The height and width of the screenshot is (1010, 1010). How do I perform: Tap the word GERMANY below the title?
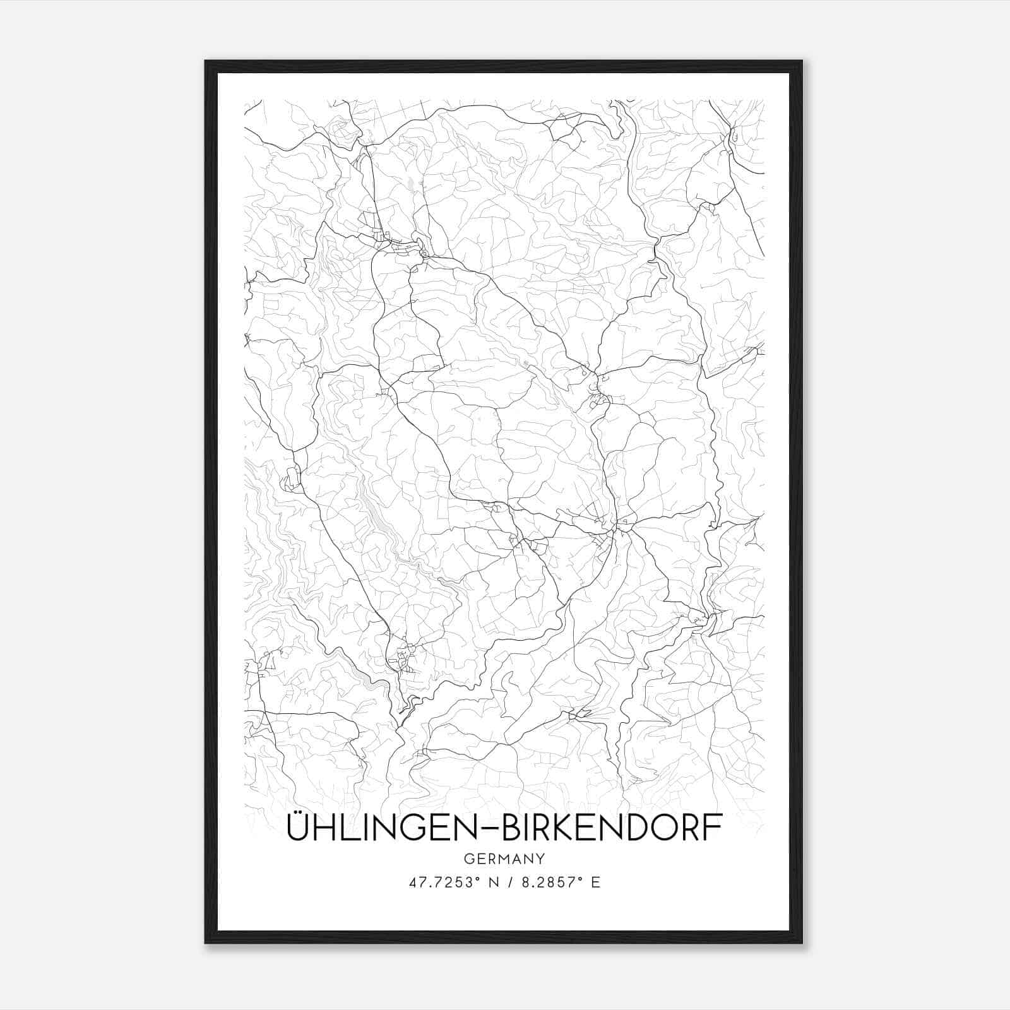504,858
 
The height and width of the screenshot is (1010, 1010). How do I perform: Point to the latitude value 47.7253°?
446,882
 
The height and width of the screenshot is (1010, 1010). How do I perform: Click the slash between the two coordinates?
509,882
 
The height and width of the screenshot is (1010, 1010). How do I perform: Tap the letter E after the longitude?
595,882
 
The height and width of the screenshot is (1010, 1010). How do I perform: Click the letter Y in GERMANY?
540,858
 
